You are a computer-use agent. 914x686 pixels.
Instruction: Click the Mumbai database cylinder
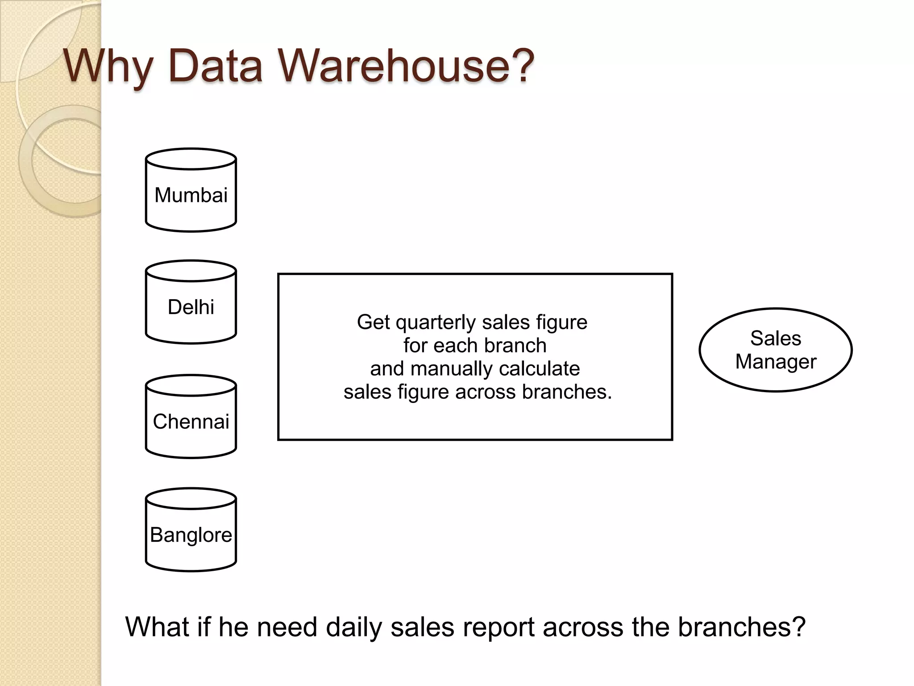[191, 191]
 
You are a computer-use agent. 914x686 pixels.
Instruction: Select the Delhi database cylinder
[191, 303]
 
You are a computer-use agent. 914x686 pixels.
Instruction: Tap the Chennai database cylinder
[191, 417]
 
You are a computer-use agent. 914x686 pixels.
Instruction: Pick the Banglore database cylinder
[191, 531]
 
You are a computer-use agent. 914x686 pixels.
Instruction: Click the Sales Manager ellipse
[776, 350]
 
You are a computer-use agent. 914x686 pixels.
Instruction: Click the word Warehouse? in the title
[407, 66]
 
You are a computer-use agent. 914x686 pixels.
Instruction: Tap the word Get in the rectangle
[374, 322]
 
